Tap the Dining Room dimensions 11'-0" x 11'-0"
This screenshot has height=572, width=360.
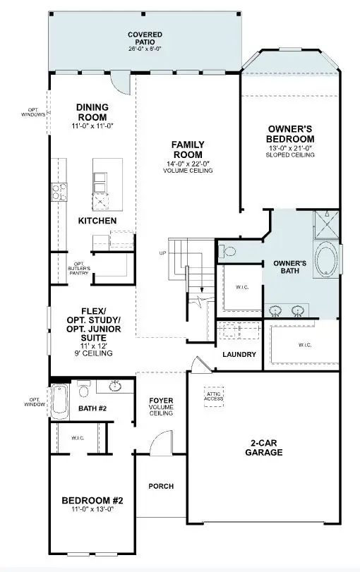[92, 126]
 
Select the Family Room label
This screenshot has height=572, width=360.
[187, 150]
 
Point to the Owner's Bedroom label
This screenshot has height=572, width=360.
[290, 133]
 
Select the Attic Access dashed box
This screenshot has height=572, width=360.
[214, 396]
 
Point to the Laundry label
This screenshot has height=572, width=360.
[239, 354]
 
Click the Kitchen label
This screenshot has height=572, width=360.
[97, 221]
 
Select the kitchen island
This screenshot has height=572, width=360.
[107, 184]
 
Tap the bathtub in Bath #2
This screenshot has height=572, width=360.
[58, 403]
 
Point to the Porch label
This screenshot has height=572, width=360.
[160, 486]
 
